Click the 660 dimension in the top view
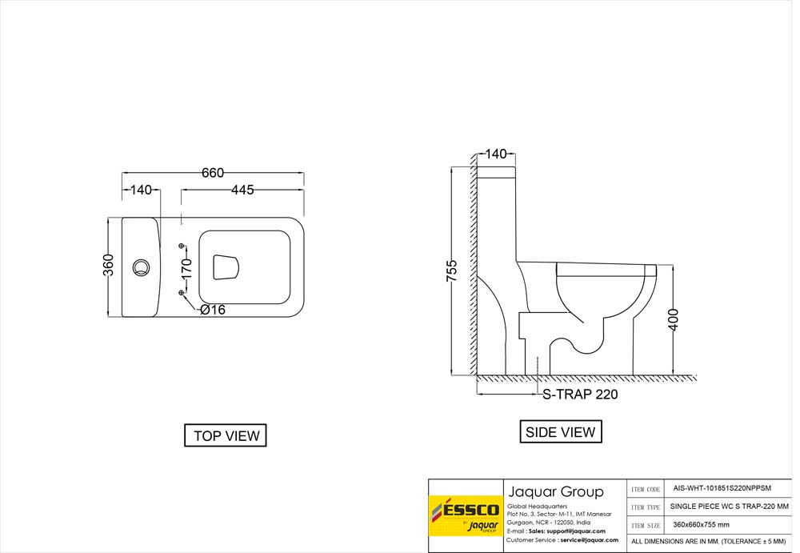point(212,173)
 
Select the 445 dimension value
point(242,190)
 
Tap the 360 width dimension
point(109,265)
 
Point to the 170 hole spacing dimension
point(186,269)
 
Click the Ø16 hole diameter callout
point(213,310)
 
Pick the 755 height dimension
point(451,271)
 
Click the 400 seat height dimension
point(674,319)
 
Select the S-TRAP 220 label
point(579,395)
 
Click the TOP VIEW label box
point(226,435)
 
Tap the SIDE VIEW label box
point(561,432)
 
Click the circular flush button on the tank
point(142,267)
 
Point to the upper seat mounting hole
point(182,246)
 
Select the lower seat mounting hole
point(182,293)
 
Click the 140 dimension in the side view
point(495,154)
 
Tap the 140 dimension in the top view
point(141,190)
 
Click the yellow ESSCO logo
point(466,515)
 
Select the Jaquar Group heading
point(556,491)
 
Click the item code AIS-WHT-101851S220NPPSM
point(722,489)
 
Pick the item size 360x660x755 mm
point(701,525)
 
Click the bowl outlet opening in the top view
point(226,267)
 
